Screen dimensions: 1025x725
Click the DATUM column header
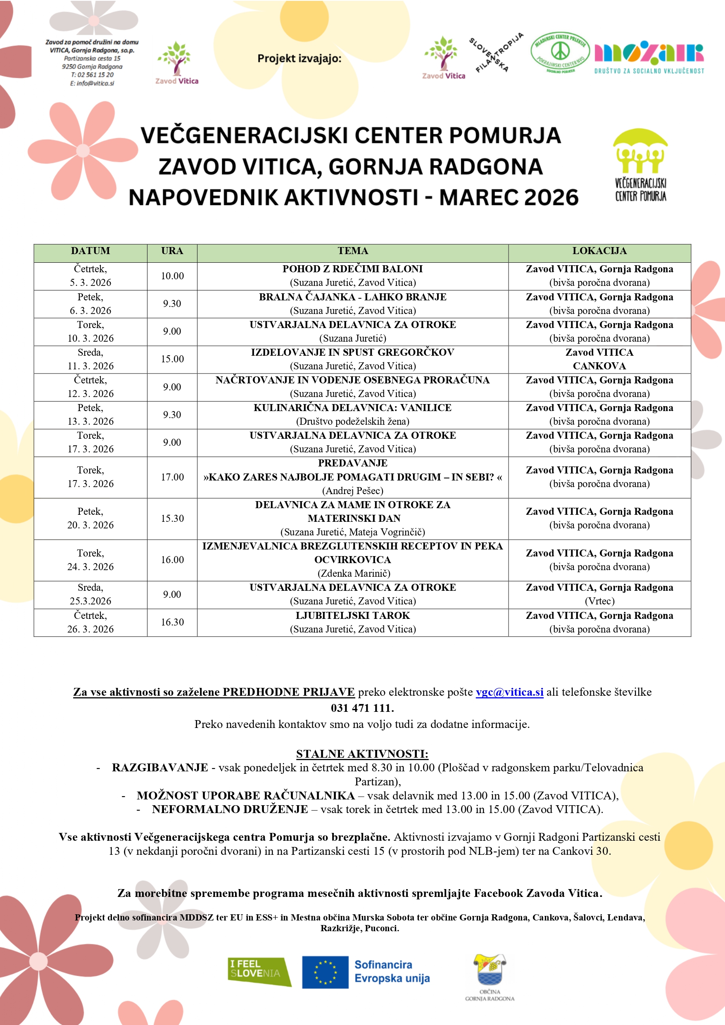click(90, 251)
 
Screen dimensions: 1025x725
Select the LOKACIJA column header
click(599, 251)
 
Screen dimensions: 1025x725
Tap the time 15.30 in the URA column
click(172, 518)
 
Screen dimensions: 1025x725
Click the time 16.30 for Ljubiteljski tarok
click(172, 622)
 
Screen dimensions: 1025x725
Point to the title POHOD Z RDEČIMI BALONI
click(352, 269)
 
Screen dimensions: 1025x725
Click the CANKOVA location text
click(599, 366)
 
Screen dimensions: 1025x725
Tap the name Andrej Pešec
click(352, 491)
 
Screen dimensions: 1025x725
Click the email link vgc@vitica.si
click(509, 692)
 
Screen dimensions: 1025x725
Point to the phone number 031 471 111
click(362, 708)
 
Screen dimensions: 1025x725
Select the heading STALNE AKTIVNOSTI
click(362, 754)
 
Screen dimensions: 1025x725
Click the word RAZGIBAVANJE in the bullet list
click(160, 768)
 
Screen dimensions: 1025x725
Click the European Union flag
click(325, 972)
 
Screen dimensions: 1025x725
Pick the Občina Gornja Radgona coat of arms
click(490, 969)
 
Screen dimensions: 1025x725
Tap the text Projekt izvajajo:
click(299, 59)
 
